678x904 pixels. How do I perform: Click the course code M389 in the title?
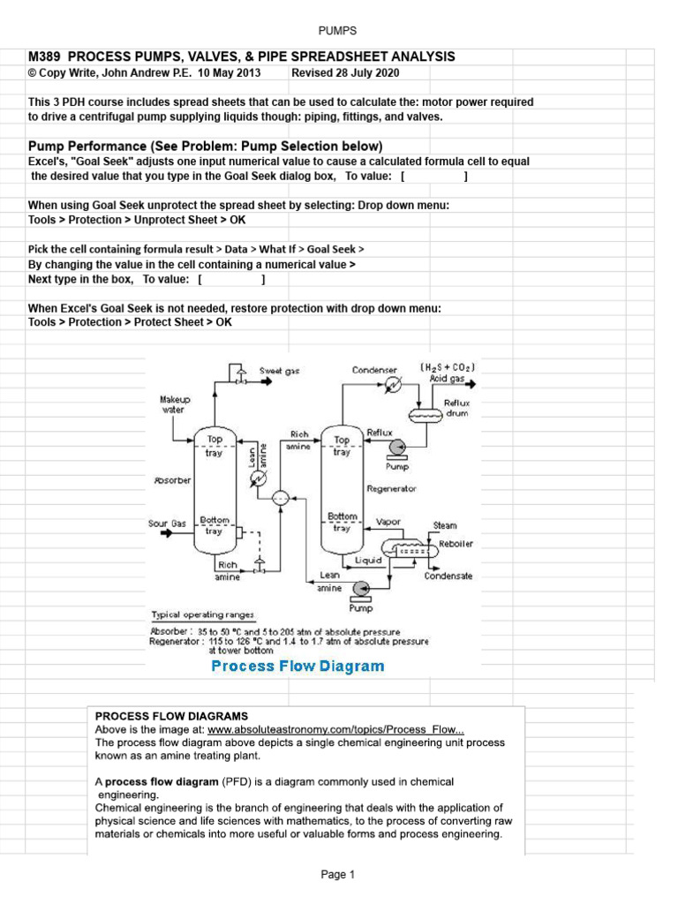click(x=44, y=56)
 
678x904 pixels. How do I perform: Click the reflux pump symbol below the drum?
click(x=397, y=448)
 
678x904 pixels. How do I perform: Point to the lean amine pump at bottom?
click(x=360, y=589)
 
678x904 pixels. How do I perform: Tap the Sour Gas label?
click(x=167, y=524)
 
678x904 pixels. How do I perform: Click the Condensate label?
click(x=448, y=576)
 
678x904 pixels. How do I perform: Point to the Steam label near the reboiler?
click(x=445, y=525)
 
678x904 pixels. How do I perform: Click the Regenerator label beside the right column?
click(x=391, y=488)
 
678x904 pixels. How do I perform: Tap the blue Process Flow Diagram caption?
click(x=298, y=666)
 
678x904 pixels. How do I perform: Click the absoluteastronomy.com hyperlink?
click(x=336, y=730)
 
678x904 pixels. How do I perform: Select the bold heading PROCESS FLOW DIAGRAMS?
click(x=171, y=716)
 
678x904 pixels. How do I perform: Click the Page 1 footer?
click(x=338, y=875)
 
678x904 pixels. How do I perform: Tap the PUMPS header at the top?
click(x=337, y=30)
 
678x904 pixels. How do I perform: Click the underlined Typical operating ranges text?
click(x=203, y=614)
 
